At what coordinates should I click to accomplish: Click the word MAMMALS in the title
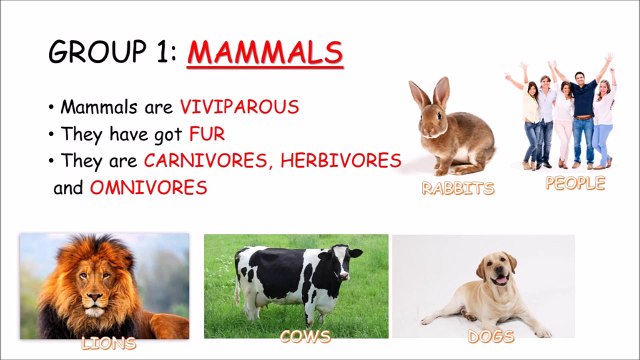click(264, 51)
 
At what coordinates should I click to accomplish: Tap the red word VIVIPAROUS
click(239, 107)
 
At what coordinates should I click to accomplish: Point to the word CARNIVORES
click(207, 160)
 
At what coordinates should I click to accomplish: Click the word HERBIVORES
click(342, 160)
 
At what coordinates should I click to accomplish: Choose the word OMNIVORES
click(149, 187)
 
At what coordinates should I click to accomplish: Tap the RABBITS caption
click(457, 188)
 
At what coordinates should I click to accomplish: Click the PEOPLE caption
click(575, 183)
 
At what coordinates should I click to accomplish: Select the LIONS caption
click(107, 344)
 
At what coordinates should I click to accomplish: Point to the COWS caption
click(305, 338)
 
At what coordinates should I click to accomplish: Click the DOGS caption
click(491, 338)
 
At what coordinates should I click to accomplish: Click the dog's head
click(497, 268)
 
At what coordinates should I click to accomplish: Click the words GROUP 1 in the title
click(112, 51)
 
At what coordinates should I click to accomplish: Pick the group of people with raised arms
click(565, 115)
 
